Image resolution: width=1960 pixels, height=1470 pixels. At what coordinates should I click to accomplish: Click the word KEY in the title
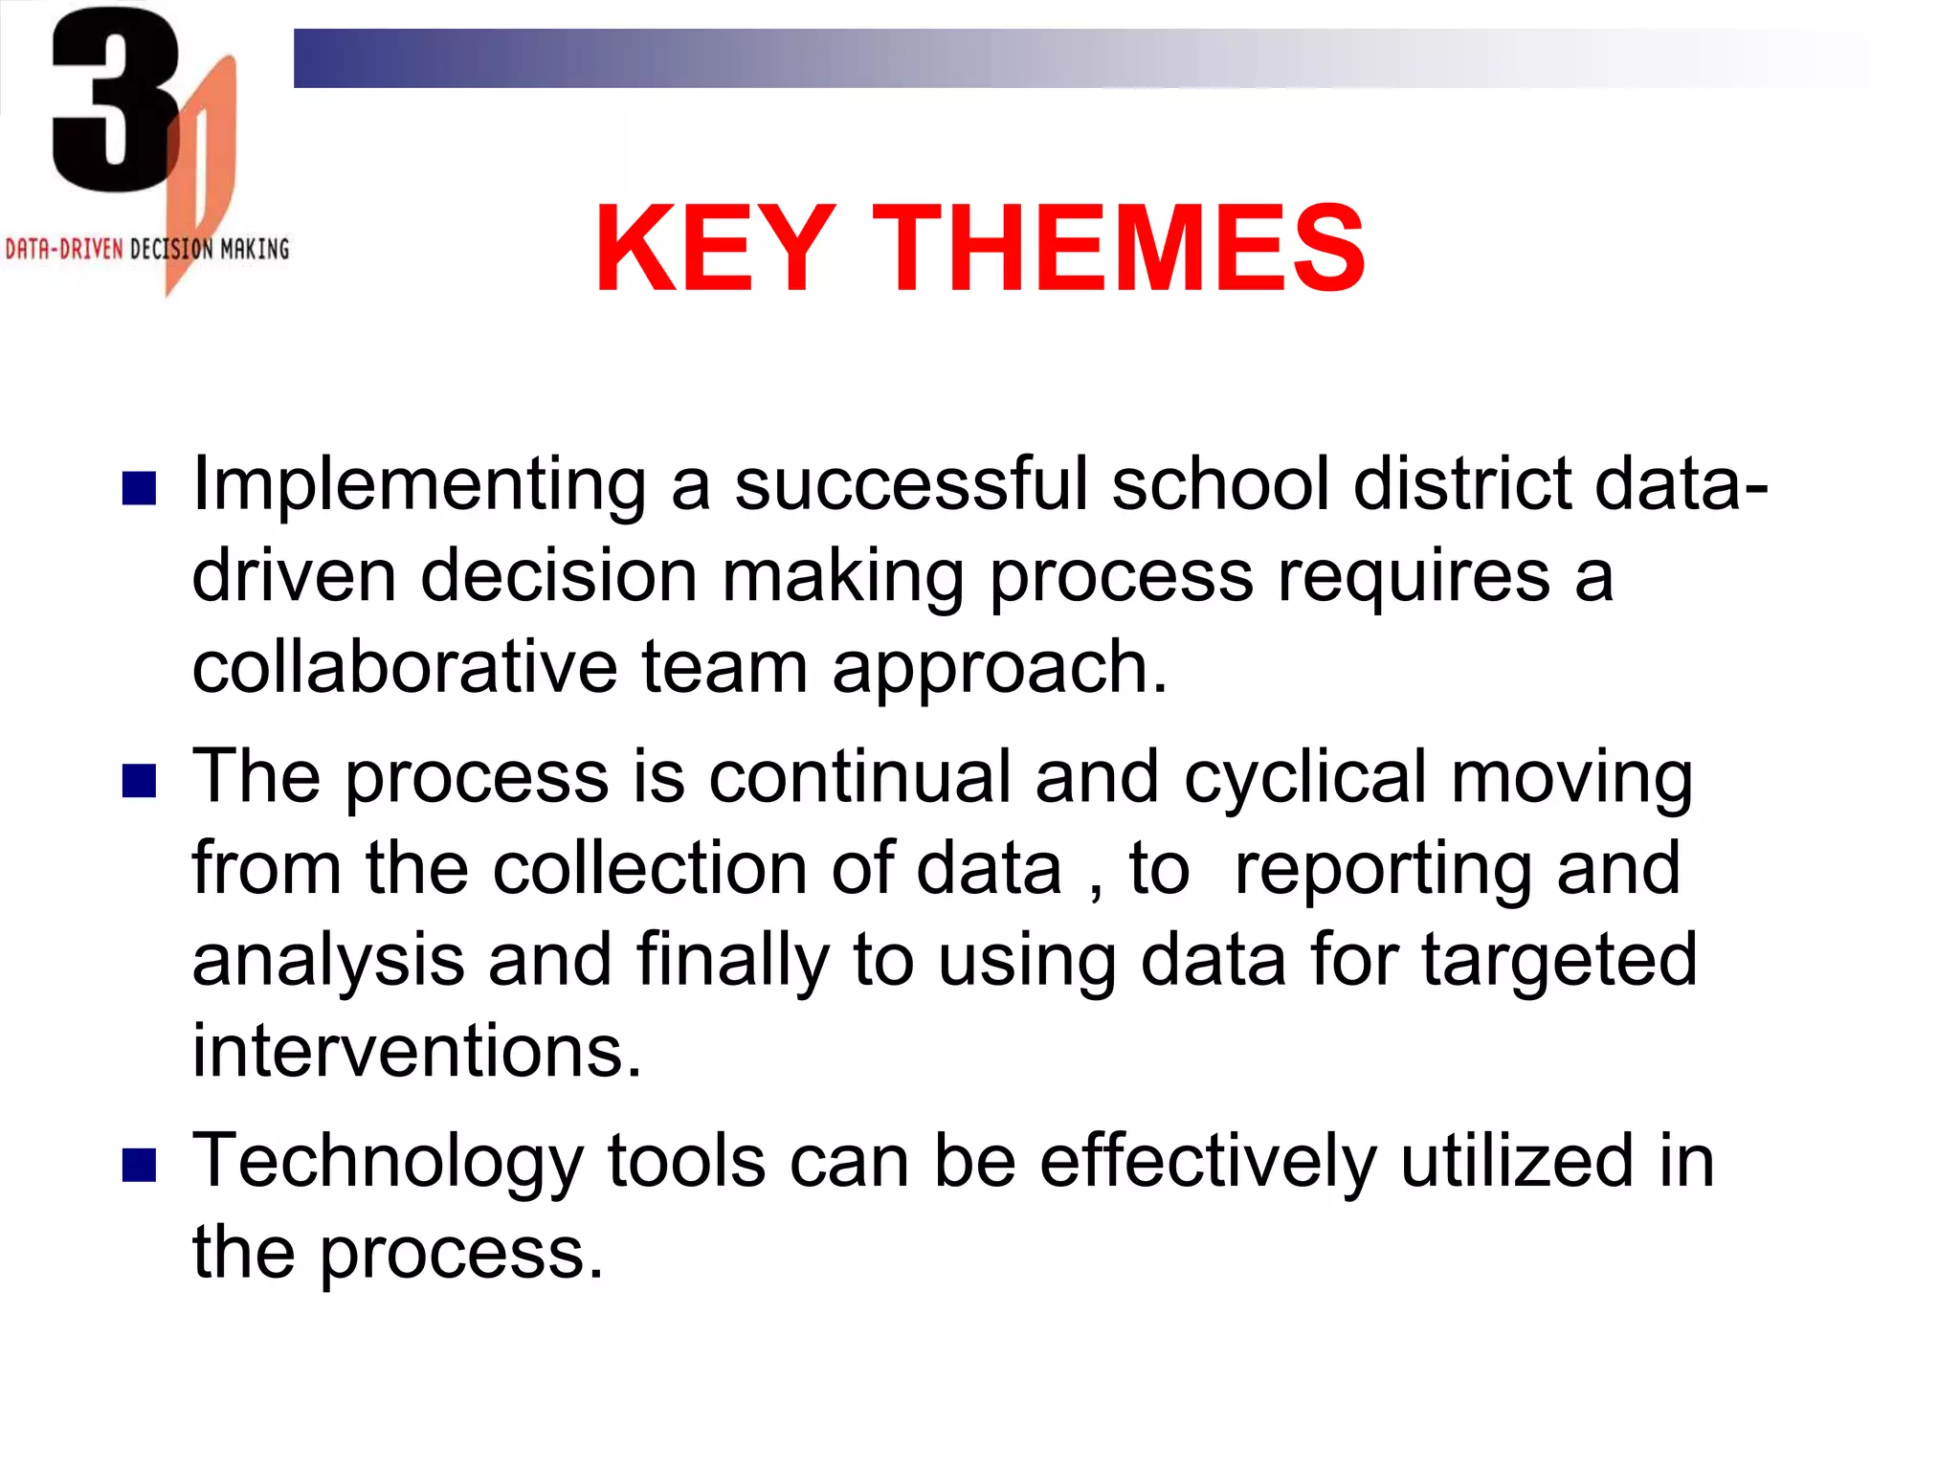714,250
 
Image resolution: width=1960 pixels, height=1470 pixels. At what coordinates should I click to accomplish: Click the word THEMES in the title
1118,250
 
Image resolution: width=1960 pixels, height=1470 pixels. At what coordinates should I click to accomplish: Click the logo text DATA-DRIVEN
64,250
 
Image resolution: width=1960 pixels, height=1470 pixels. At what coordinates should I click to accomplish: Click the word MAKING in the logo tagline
255,250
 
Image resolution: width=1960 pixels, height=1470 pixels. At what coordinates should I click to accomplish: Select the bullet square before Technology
140,1166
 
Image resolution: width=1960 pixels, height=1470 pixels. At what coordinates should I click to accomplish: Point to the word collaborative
405,667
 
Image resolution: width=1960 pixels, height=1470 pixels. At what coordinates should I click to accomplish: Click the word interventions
416,1051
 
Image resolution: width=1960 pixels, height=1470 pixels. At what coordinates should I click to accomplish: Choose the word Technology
388,1162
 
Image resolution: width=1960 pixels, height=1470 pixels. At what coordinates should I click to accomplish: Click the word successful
911,483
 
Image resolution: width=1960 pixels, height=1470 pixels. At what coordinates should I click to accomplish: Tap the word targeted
1559,960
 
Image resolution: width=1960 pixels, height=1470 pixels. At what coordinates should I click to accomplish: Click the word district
1461,483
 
